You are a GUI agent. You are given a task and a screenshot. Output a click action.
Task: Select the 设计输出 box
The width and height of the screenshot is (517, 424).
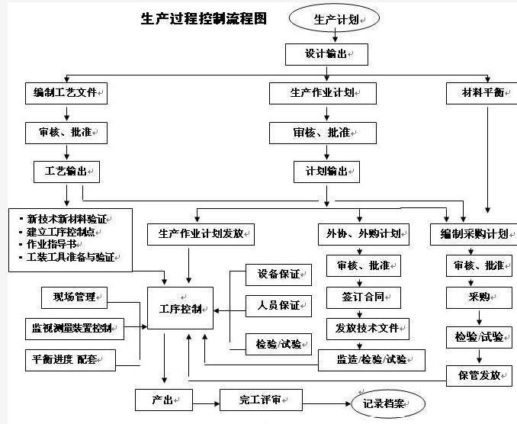click(x=326, y=54)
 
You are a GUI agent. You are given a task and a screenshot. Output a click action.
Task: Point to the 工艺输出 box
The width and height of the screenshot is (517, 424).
click(x=66, y=172)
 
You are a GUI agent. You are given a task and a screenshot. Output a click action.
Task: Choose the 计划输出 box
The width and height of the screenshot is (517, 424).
click(x=326, y=172)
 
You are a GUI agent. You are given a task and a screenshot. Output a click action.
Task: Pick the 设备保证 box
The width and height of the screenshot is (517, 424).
click(x=278, y=275)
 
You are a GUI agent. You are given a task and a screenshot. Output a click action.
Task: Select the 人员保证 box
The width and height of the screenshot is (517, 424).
click(x=278, y=305)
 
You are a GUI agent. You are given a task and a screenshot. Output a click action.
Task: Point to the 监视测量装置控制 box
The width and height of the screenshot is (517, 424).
click(x=73, y=329)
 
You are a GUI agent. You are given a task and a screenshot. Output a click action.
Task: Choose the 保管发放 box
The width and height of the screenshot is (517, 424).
click(x=478, y=374)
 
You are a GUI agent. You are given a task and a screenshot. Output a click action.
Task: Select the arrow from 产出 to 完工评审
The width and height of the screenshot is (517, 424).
click(x=206, y=400)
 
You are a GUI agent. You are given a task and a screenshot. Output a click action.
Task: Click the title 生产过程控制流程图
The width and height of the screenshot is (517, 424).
click(x=204, y=19)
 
